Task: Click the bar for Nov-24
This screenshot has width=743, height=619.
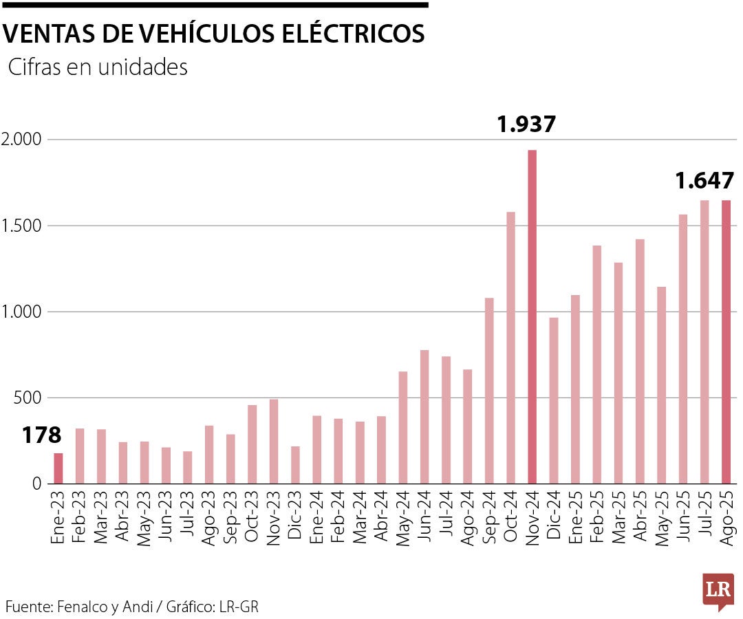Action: coord(532,316)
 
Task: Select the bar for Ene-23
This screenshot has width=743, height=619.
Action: coord(58,468)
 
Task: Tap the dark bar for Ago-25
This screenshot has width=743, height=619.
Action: coord(726,342)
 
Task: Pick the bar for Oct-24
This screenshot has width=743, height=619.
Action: coord(510,347)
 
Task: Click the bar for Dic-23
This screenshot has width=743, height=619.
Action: coord(295,465)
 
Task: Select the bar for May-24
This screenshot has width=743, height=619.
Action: coord(403,427)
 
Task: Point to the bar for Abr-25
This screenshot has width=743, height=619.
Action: coord(640,361)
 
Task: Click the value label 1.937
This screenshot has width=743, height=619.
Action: coord(526,124)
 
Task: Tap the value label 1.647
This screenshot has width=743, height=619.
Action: coord(704,181)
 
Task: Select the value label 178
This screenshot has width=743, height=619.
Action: coord(41,435)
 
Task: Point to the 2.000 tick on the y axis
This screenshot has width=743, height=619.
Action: coord(21,140)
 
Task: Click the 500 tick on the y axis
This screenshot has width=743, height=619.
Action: coord(29,398)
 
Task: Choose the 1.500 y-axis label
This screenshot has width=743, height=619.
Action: coord(21,226)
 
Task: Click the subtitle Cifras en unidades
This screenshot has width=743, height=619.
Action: coord(98,67)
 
